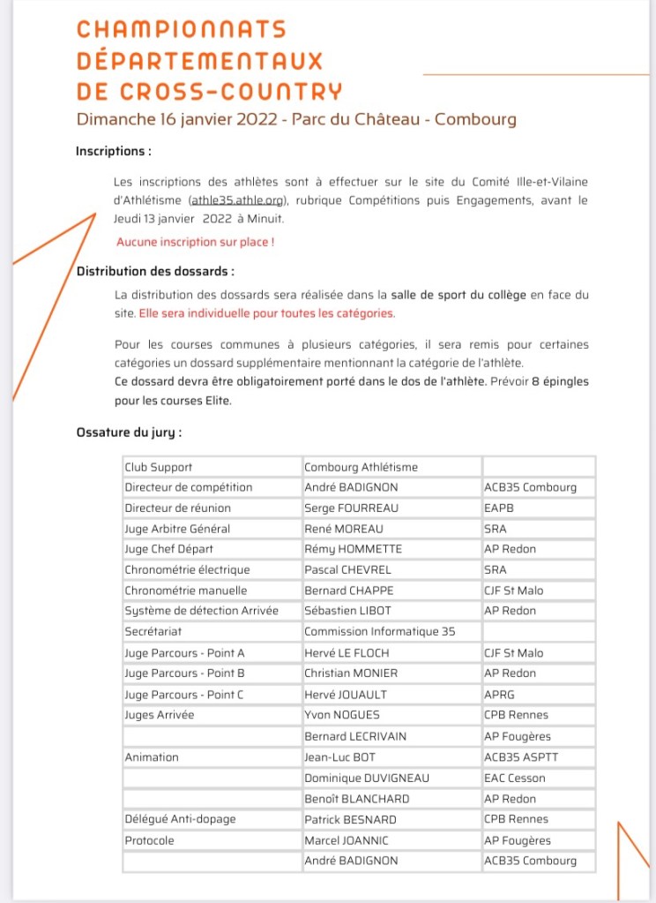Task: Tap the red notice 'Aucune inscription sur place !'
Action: (195, 241)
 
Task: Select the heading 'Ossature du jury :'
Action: (129, 433)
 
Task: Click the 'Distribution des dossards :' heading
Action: (155, 272)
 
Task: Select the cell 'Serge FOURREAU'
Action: (351, 508)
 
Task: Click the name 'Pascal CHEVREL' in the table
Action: (348, 569)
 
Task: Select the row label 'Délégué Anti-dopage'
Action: (180, 819)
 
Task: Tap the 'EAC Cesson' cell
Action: (515, 778)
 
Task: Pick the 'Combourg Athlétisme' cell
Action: (361, 467)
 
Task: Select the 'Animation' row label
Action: (152, 757)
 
